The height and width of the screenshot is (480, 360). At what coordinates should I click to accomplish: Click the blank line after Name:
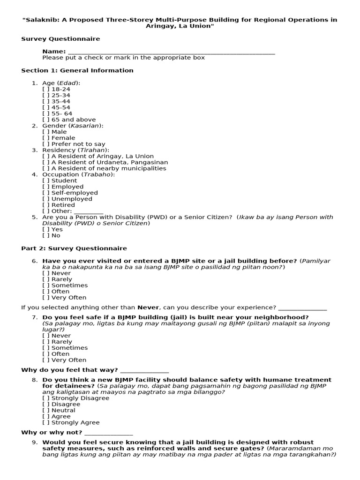tap(172, 52)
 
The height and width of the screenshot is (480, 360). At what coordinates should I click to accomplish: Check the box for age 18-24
tap(46, 89)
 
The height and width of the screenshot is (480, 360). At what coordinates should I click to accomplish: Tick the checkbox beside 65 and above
tap(46, 120)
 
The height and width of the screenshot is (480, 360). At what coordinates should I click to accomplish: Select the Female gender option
tap(46, 138)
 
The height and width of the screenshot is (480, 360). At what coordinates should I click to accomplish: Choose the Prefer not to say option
tap(46, 144)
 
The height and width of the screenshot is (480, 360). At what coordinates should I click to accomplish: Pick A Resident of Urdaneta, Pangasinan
tap(46, 162)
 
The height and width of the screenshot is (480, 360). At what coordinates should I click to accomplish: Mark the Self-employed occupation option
tap(46, 193)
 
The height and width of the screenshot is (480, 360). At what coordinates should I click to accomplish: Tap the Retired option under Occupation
tap(46, 205)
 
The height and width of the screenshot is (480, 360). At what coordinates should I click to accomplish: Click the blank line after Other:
tap(89, 211)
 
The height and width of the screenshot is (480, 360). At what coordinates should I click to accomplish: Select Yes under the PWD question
tap(46, 230)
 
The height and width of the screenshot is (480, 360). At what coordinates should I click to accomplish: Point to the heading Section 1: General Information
tap(77, 70)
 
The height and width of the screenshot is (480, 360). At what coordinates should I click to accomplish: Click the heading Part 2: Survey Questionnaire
tap(74, 248)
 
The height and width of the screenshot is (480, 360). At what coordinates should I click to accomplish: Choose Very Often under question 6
tap(46, 297)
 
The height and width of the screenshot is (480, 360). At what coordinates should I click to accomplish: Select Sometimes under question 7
tap(46, 348)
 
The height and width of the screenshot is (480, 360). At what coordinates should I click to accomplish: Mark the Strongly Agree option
tap(46, 422)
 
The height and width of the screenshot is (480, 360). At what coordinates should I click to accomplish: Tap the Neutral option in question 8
tap(46, 410)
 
